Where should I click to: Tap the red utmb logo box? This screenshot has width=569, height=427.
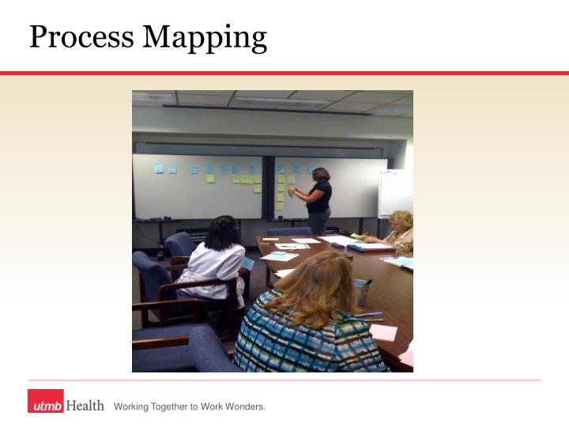tap(46, 405)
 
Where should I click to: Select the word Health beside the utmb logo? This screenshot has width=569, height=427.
tap(85, 406)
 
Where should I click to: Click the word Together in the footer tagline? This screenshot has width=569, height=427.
tap(164, 406)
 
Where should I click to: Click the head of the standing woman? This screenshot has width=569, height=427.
tap(321, 175)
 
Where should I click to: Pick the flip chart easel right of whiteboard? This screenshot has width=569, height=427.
tap(395, 194)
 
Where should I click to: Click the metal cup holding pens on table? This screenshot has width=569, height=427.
tap(361, 291)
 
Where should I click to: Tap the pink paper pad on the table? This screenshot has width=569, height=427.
tap(383, 333)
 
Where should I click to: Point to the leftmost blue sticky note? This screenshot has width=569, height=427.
tap(159, 168)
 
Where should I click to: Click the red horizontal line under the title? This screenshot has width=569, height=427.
tap(284, 73)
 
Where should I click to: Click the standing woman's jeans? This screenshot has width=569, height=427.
tap(319, 222)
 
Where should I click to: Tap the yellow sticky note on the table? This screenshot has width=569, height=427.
tap(270, 239)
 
